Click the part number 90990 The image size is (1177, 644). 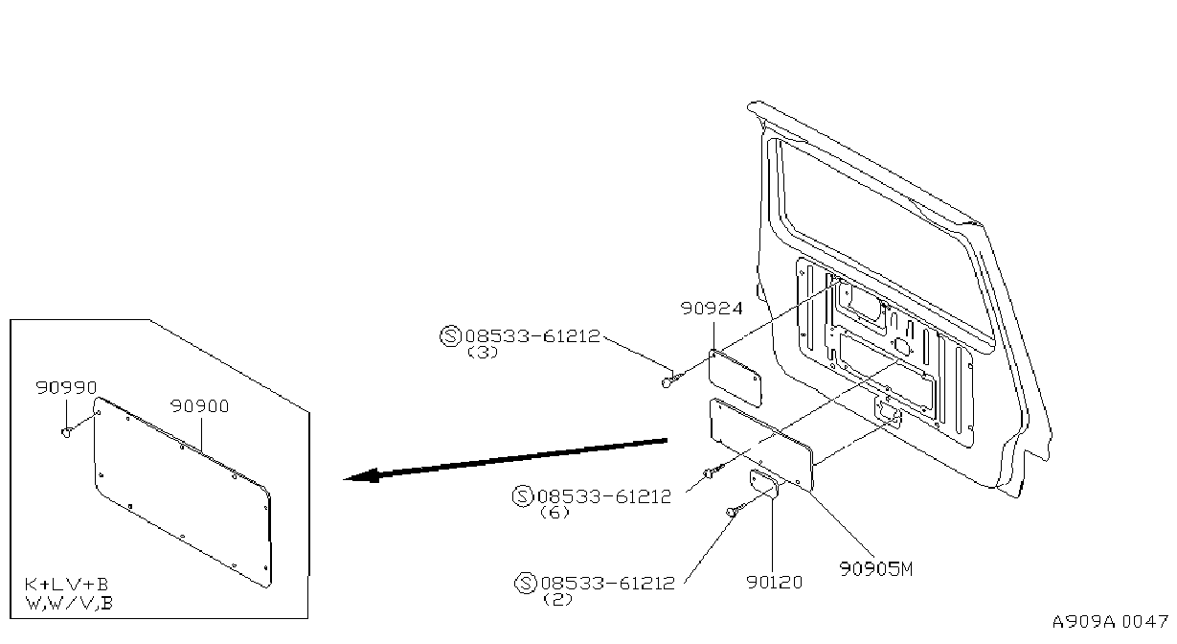pyautogui.click(x=66, y=387)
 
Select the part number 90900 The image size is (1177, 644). pyautogui.click(x=199, y=406)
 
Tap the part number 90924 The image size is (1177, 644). pyautogui.click(x=712, y=308)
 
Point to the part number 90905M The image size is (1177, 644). pyautogui.click(x=876, y=569)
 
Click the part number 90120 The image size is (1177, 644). pyautogui.click(x=775, y=583)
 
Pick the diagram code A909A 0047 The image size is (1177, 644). pyautogui.click(x=1110, y=622)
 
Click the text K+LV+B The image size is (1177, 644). pyautogui.click(x=66, y=584)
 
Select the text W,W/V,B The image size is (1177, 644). pyautogui.click(x=69, y=603)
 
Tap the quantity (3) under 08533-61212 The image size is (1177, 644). pyautogui.click(x=483, y=353)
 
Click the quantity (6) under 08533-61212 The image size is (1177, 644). pyautogui.click(x=555, y=513)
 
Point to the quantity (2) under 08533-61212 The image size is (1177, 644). pyautogui.click(x=557, y=599)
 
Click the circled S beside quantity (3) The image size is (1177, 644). pyautogui.click(x=450, y=336)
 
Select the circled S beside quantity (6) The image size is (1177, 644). pyautogui.click(x=523, y=496)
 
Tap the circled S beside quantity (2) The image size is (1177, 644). pyautogui.click(x=526, y=583)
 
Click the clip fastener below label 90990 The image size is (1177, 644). pyautogui.click(x=67, y=432)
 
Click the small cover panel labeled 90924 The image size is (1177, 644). pyautogui.click(x=735, y=379)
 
